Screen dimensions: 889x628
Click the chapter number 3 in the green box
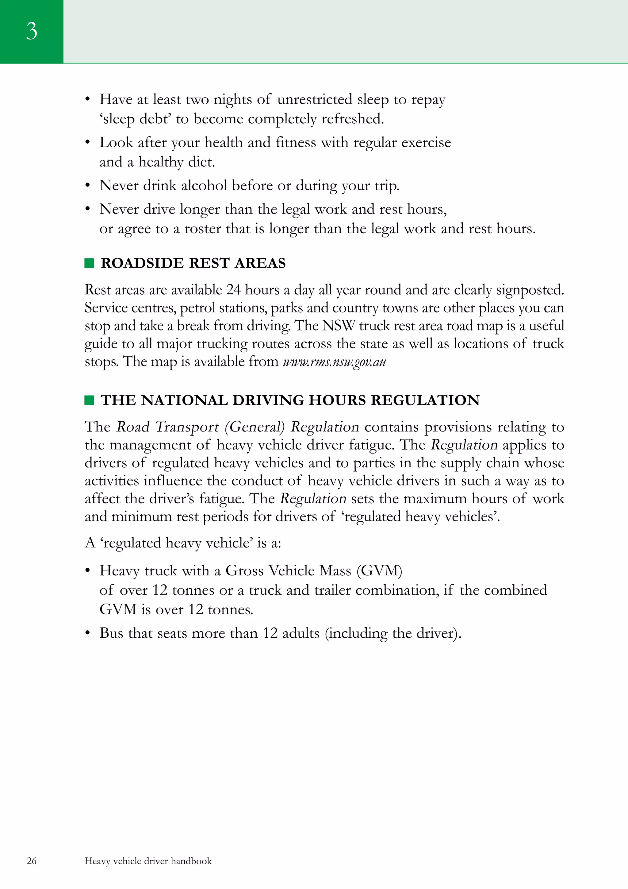32,31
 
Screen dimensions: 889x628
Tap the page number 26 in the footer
32,861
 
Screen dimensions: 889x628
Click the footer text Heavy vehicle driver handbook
148,861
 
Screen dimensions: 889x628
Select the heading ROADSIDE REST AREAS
193,263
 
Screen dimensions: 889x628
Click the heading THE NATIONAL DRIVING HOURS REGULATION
290,400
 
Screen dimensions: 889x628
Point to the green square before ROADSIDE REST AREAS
89,263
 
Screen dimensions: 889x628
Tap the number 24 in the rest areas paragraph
234,290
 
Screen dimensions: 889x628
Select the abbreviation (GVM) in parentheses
379,571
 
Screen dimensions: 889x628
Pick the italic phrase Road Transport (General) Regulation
238,427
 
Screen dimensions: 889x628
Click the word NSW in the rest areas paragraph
338,326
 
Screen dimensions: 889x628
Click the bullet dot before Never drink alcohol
88,186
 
